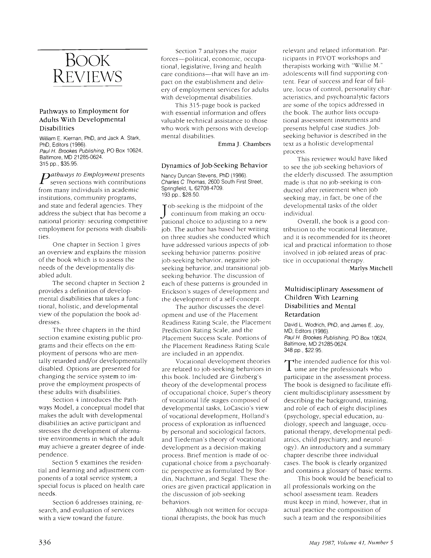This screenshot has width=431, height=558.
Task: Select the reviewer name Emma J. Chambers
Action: [x=244, y=144]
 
